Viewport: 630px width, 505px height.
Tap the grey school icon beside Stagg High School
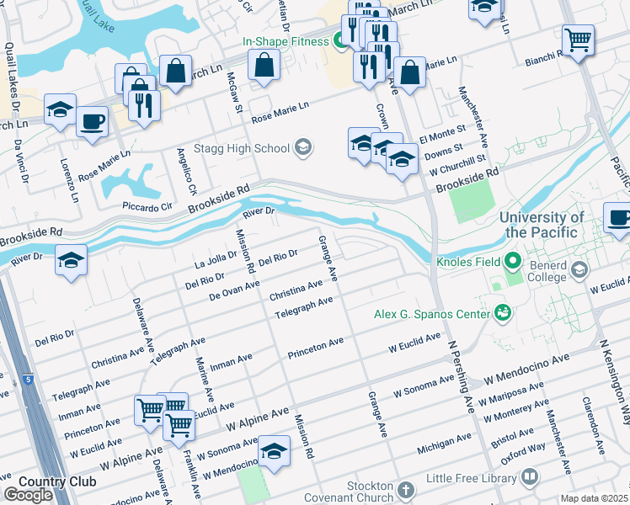pos(303,149)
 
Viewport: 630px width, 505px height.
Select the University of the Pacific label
pos(542,225)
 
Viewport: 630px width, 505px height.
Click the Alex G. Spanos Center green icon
pos(503,314)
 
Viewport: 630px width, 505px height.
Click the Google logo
pos(28,495)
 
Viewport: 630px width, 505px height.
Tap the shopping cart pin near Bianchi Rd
pos(579,40)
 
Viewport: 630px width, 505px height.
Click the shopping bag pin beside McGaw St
pos(264,64)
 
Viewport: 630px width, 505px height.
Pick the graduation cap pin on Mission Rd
pos(274,451)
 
